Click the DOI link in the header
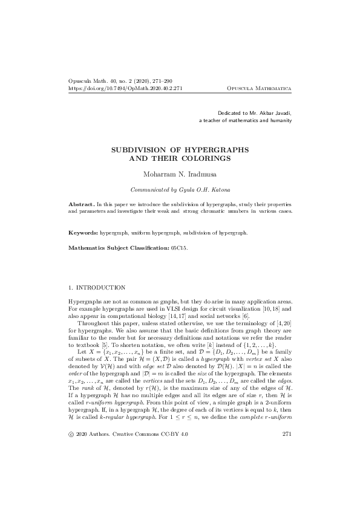126,88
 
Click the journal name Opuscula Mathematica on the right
259,88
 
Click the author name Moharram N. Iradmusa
180,174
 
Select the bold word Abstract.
80,206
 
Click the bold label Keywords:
83,232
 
